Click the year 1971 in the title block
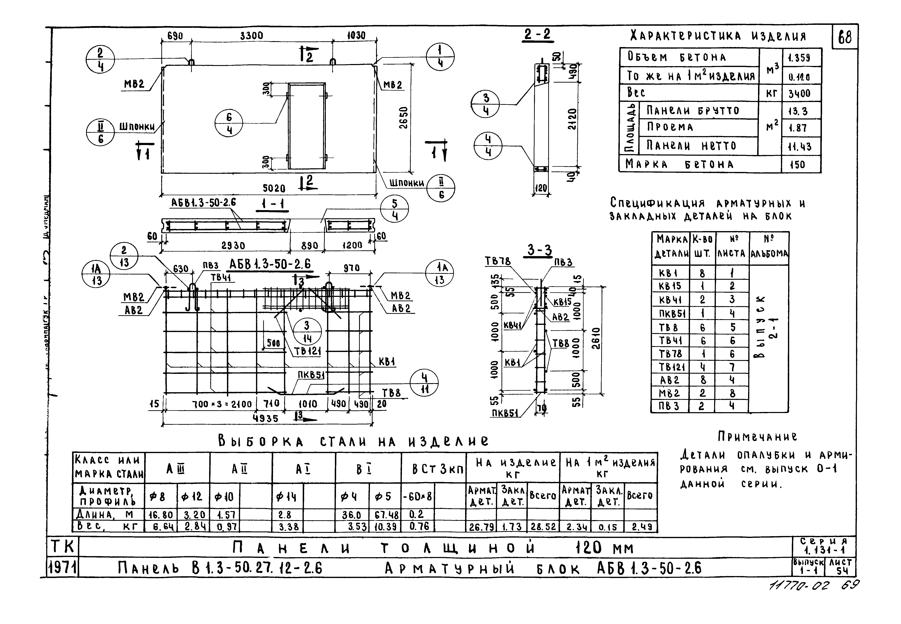point(62,568)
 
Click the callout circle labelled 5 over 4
point(394,210)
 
